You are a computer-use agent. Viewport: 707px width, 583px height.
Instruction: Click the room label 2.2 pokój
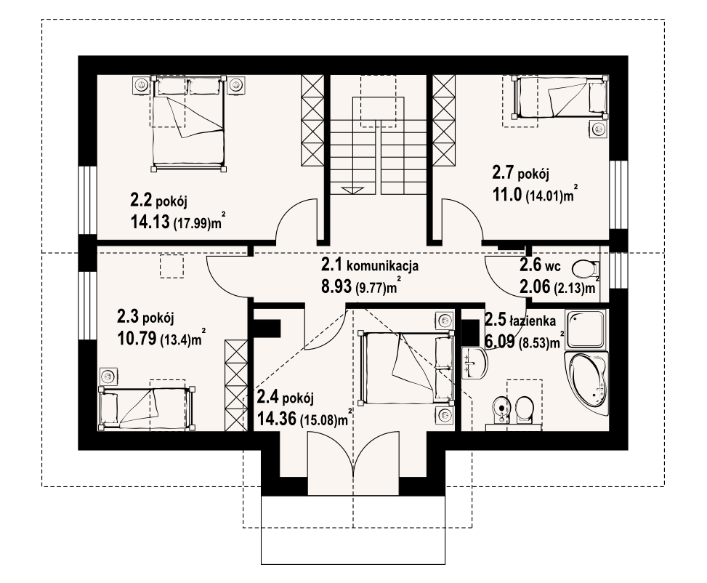[158, 199]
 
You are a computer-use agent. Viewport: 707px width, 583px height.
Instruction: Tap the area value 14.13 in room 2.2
[150, 221]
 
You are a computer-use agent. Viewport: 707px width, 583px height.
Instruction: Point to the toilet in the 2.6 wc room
[585, 270]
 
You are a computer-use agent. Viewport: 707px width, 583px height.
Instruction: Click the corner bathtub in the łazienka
[586, 384]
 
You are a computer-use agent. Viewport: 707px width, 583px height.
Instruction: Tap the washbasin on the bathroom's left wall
[474, 363]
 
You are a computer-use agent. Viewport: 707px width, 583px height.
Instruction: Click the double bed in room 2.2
[188, 123]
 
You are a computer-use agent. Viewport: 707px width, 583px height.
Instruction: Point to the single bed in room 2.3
[147, 408]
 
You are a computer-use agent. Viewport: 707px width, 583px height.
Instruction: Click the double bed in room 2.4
[405, 368]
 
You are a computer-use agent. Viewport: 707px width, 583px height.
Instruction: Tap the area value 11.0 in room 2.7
[506, 194]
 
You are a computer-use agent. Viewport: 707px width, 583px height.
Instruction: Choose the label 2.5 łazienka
[520, 321]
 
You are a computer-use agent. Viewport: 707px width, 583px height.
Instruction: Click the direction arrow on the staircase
[352, 190]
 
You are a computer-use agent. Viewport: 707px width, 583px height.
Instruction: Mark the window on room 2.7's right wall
[618, 195]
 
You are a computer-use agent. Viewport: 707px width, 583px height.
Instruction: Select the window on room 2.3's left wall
[87, 305]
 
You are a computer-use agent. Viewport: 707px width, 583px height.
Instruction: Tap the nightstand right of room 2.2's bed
[236, 85]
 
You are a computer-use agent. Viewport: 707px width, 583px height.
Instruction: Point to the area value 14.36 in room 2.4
[277, 419]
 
